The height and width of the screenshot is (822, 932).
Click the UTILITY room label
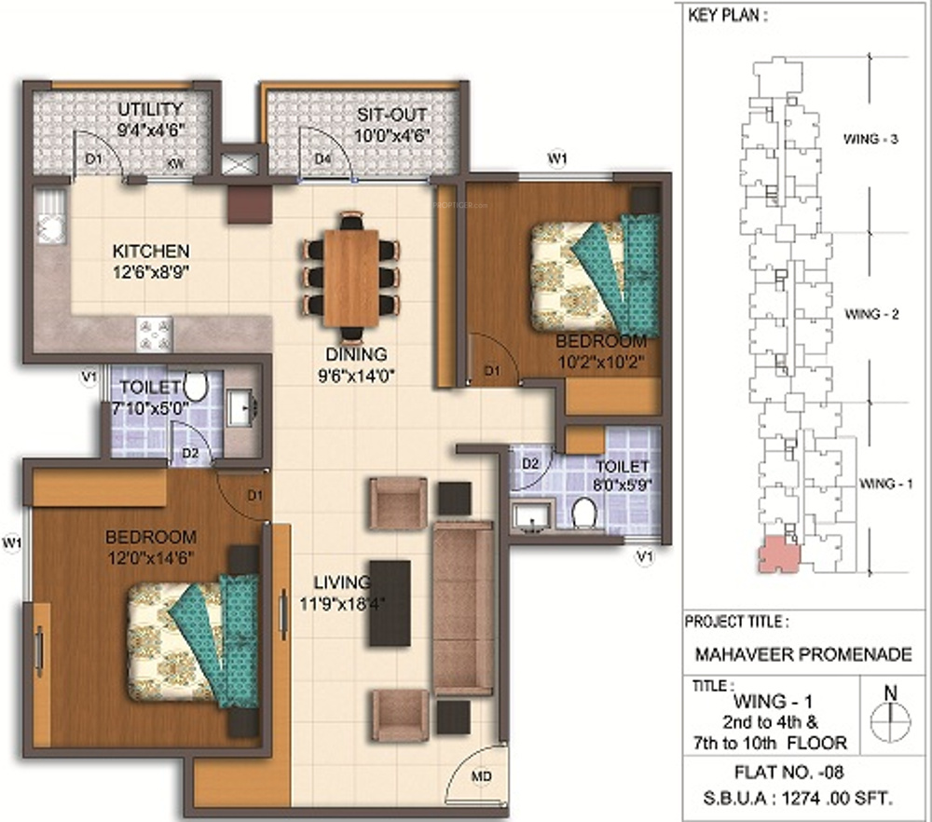(x=150, y=109)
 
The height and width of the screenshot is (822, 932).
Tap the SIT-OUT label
(x=391, y=114)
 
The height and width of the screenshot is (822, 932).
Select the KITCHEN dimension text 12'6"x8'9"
(x=151, y=272)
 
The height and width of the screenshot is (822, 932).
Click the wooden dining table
(x=351, y=278)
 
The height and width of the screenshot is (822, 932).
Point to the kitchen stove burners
(x=155, y=335)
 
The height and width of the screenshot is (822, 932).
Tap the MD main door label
(x=482, y=776)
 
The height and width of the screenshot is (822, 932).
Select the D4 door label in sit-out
(x=322, y=158)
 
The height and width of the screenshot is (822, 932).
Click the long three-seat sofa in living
(x=463, y=609)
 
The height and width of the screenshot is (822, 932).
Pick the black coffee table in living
(x=390, y=603)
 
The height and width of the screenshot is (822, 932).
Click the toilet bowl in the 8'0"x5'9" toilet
(x=584, y=513)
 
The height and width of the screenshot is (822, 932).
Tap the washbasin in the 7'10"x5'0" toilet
(x=242, y=407)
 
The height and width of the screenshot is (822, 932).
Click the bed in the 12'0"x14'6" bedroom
(x=193, y=640)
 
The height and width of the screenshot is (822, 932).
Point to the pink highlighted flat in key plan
(x=778, y=555)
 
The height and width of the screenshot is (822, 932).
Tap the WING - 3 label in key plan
(x=870, y=139)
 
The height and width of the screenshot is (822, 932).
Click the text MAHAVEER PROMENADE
(x=803, y=654)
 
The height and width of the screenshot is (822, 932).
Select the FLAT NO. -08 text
(x=789, y=772)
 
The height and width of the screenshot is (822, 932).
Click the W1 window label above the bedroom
(x=557, y=158)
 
